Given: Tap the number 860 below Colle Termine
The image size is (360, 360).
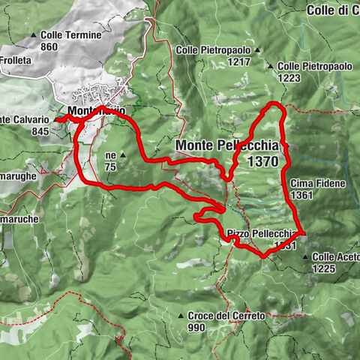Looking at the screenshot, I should click(x=50, y=46).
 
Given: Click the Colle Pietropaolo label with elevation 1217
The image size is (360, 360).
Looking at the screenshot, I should click(x=211, y=50).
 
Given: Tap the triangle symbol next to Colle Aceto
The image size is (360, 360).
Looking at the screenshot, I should click(x=304, y=257).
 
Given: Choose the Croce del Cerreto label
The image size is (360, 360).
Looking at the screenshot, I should click(x=227, y=316).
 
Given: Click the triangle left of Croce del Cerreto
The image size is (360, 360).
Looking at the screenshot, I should click(x=181, y=316).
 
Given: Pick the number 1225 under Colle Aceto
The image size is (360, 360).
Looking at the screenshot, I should click(x=323, y=268).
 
